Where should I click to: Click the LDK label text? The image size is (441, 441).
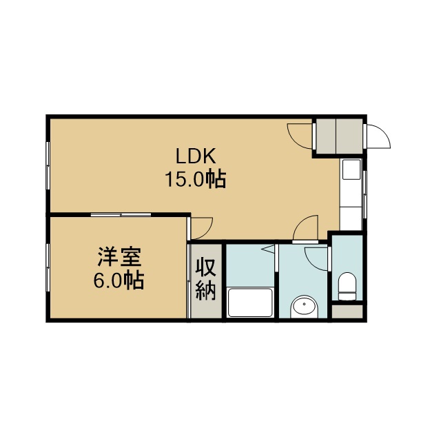pos(196,156)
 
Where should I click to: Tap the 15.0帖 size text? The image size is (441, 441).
pos(196,179)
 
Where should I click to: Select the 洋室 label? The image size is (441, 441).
pos(119,257)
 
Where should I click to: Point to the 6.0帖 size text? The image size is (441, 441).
pos(119,280)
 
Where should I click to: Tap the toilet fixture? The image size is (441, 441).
pos(347,287)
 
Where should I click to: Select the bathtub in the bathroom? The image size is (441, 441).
pos(250,302)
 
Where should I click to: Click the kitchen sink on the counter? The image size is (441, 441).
pos(351,170)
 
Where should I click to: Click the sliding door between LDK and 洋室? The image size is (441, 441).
pos(121,214)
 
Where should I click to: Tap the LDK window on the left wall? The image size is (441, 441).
pos(48,165)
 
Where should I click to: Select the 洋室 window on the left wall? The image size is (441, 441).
pos(48,267)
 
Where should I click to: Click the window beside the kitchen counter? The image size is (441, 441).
pos(365,194)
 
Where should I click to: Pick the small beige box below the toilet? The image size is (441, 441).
pos(347,311)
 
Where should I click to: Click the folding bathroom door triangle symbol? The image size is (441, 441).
pos(269,249)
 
